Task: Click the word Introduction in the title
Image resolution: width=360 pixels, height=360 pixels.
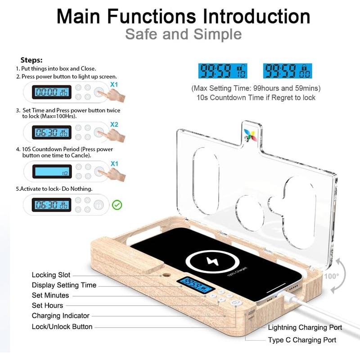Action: [x=256, y=17]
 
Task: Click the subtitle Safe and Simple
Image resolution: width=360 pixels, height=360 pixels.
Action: [x=183, y=34]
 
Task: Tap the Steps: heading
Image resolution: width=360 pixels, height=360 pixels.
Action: [x=31, y=60]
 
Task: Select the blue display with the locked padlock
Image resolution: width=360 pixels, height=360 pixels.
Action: [x=288, y=71]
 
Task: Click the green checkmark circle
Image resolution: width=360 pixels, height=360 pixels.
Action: [x=117, y=205]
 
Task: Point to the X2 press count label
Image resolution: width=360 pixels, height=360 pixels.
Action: [x=114, y=124]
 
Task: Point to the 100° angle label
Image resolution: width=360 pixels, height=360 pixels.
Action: [x=332, y=276]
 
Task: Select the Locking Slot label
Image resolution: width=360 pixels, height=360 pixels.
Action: [x=50, y=275]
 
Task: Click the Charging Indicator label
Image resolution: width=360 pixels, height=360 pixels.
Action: [x=60, y=316]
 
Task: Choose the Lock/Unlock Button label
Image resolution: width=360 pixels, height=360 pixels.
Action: [x=62, y=327]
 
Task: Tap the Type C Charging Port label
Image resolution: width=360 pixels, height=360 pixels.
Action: [x=302, y=340]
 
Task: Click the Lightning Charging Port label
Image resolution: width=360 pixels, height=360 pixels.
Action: [x=305, y=328]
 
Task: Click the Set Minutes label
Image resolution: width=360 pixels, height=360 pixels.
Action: [x=50, y=295]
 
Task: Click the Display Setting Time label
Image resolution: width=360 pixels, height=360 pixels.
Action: [x=64, y=285]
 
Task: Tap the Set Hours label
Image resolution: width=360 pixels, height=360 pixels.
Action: [x=47, y=306]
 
